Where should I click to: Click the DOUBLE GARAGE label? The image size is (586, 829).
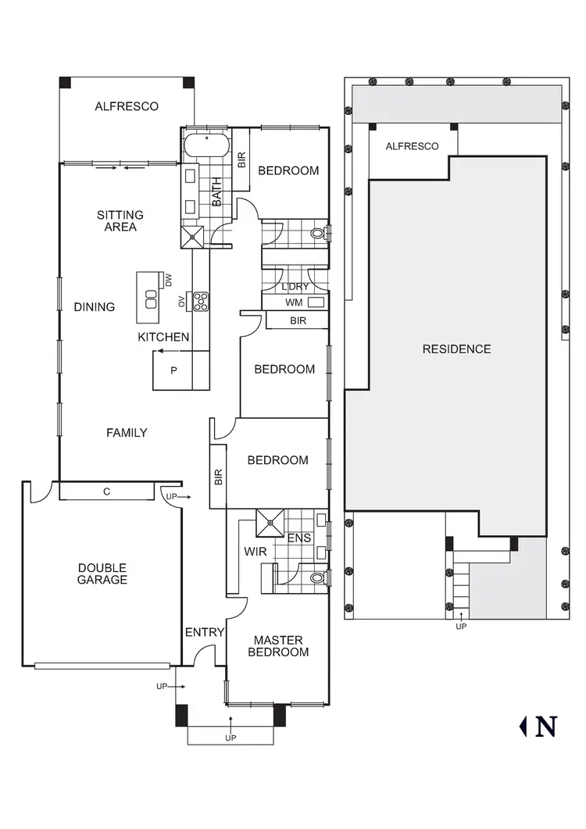coord(102,574)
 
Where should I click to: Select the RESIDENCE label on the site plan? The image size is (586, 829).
coord(456,349)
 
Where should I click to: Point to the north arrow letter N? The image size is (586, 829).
coord(546,727)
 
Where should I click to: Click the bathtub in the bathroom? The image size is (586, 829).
coord(205,145)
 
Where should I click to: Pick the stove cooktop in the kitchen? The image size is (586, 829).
coord(201,301)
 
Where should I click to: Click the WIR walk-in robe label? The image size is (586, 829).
coord(255,552)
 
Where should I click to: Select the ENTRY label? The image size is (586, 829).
coord(205,632)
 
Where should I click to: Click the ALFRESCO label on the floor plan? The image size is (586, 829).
coord(127,106)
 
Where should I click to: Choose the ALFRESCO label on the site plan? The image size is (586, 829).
coord(412,146)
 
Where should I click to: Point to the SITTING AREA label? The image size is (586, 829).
coord(120,220)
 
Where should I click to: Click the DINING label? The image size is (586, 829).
coord(95,307)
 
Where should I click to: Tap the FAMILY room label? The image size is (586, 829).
coord(127,432)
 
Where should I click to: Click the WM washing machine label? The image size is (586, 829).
coord(294,302)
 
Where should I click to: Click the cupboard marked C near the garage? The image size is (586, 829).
coord(105,491)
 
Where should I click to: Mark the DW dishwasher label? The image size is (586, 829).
coord(168,279)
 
